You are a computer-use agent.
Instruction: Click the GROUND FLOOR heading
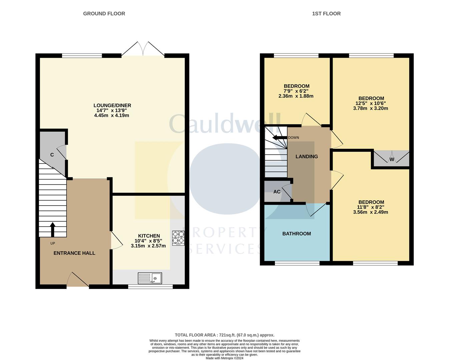point(104,14)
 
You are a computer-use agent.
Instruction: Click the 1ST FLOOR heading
point(326,14)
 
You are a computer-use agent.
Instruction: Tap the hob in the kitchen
point(178,238)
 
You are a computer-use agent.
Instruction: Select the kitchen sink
point(150,278)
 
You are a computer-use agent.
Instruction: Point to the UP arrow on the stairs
point(53,230)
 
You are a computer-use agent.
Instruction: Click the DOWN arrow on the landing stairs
point(280,138)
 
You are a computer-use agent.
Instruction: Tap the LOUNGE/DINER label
point(112,105)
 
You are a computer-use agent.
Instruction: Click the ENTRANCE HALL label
point(74,253)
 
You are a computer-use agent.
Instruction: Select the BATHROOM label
point(297,234)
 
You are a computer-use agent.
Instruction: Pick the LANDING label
point(307,157)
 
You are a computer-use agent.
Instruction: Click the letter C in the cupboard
point(52,155)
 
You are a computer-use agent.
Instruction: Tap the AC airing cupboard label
point(277,192)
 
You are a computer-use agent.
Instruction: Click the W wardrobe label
point(392,159)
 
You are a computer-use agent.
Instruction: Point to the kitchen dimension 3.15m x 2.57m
point(148,246)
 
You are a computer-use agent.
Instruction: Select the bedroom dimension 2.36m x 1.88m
point(296,96)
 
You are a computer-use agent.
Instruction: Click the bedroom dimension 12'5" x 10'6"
point(371,103)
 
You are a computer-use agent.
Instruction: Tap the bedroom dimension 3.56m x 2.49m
point(371,212)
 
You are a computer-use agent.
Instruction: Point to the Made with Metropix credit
point(224,358)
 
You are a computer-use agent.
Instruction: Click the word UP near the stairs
point(53,243)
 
